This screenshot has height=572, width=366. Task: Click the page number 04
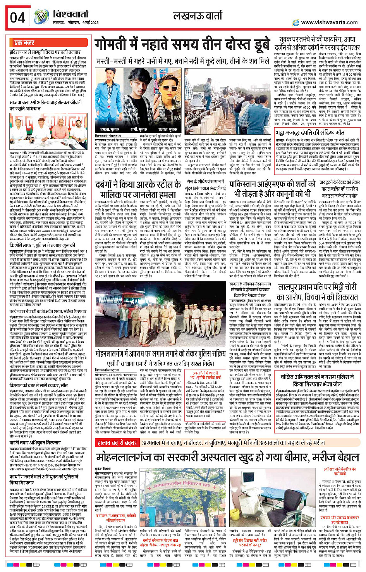click(17, 17)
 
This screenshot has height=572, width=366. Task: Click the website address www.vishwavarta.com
click(329, 22)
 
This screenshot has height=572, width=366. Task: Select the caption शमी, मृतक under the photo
click(139, 129)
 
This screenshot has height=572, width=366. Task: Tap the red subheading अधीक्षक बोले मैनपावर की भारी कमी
click(340, 471)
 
